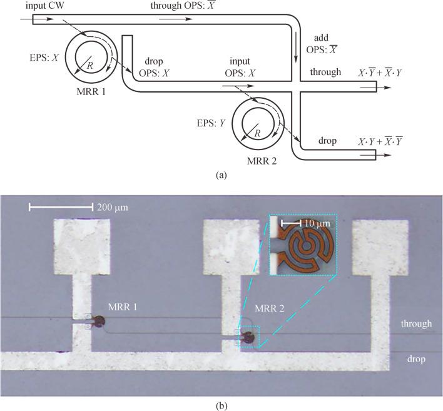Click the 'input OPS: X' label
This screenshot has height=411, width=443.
[240, 67]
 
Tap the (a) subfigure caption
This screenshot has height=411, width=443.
[220, 176]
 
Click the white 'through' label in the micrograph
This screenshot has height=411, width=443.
[416, 324]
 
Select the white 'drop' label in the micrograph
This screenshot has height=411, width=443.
[416, 359]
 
